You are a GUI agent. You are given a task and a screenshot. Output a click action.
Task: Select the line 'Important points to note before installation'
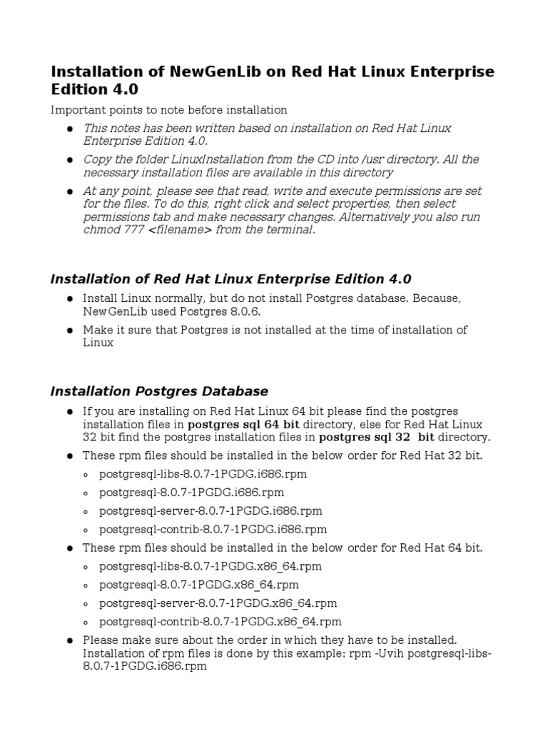coord(168,110)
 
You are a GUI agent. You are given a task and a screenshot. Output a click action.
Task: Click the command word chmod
coord(101,230)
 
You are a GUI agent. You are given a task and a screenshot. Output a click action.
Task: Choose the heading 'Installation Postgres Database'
coord(159,391)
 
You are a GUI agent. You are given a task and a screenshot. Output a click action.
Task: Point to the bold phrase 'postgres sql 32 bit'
coord(376,437)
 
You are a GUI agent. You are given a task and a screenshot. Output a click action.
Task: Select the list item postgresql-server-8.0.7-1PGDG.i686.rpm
coord(210,511)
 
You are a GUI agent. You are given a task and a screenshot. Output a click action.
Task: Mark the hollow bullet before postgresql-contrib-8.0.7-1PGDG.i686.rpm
coord(86,530)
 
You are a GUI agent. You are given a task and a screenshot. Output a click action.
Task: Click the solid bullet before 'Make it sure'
coord(70,331)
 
